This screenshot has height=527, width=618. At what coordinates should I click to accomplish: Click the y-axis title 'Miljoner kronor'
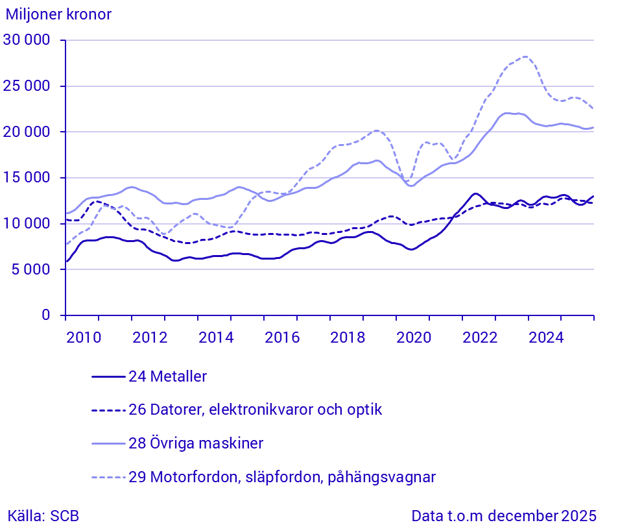(59, 15)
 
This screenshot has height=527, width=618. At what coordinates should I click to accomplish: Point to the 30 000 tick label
(27, 40)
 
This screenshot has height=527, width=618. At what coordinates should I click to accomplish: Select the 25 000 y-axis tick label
(27, 86)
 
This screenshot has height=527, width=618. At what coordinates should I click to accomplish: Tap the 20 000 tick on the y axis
(27, 132)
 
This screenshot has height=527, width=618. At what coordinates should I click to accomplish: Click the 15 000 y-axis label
(27, 178)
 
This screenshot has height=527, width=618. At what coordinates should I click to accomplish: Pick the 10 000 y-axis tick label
(27, 224)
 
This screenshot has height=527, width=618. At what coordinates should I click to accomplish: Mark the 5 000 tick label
(31, 269)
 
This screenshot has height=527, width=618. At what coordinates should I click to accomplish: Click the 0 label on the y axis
(45, 315)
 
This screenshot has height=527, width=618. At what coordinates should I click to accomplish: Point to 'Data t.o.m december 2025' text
(503, 516)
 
